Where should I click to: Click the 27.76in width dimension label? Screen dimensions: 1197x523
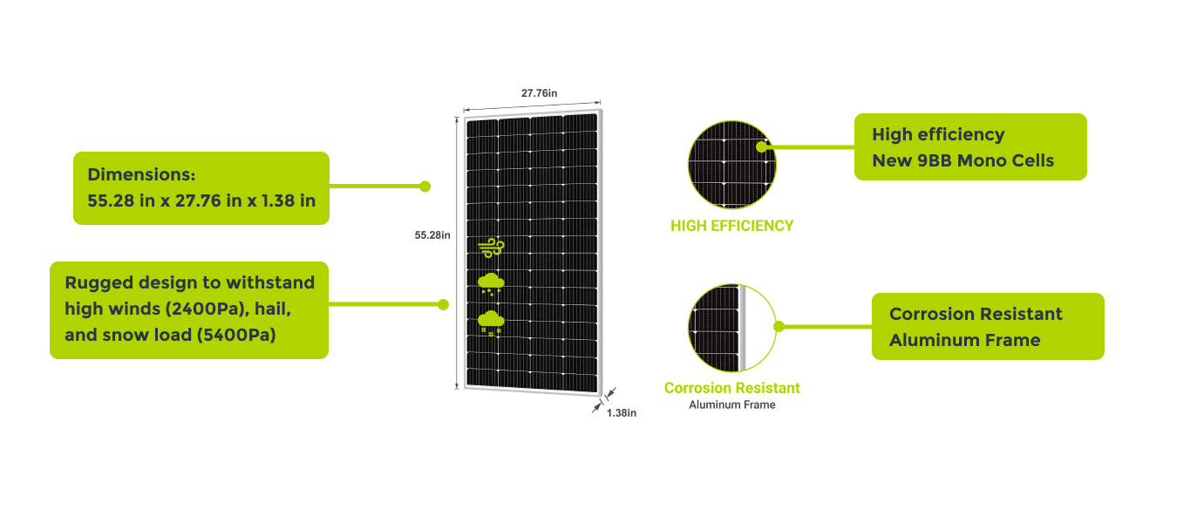(539, 92)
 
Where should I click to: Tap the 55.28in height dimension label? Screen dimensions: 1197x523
(432, 234)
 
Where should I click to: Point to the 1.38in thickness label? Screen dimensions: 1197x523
(622, 413)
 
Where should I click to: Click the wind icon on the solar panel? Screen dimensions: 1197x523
(491, 248)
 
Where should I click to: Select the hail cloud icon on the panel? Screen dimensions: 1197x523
(491, 283)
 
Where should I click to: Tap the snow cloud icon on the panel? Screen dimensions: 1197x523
(491, 322)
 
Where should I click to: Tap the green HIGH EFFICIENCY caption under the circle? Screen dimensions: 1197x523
(731, 226)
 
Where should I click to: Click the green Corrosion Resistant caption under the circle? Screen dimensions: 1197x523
(731, 388)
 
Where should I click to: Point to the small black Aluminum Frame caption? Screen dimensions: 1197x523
(731, 404)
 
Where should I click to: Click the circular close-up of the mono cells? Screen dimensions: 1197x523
(731, 164)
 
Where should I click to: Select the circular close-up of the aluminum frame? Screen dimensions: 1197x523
(731, 327)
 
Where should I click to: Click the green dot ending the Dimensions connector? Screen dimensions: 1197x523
(425, 186)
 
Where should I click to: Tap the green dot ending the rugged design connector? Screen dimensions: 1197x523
(443, 304)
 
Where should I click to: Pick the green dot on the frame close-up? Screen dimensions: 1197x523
(779, 327)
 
